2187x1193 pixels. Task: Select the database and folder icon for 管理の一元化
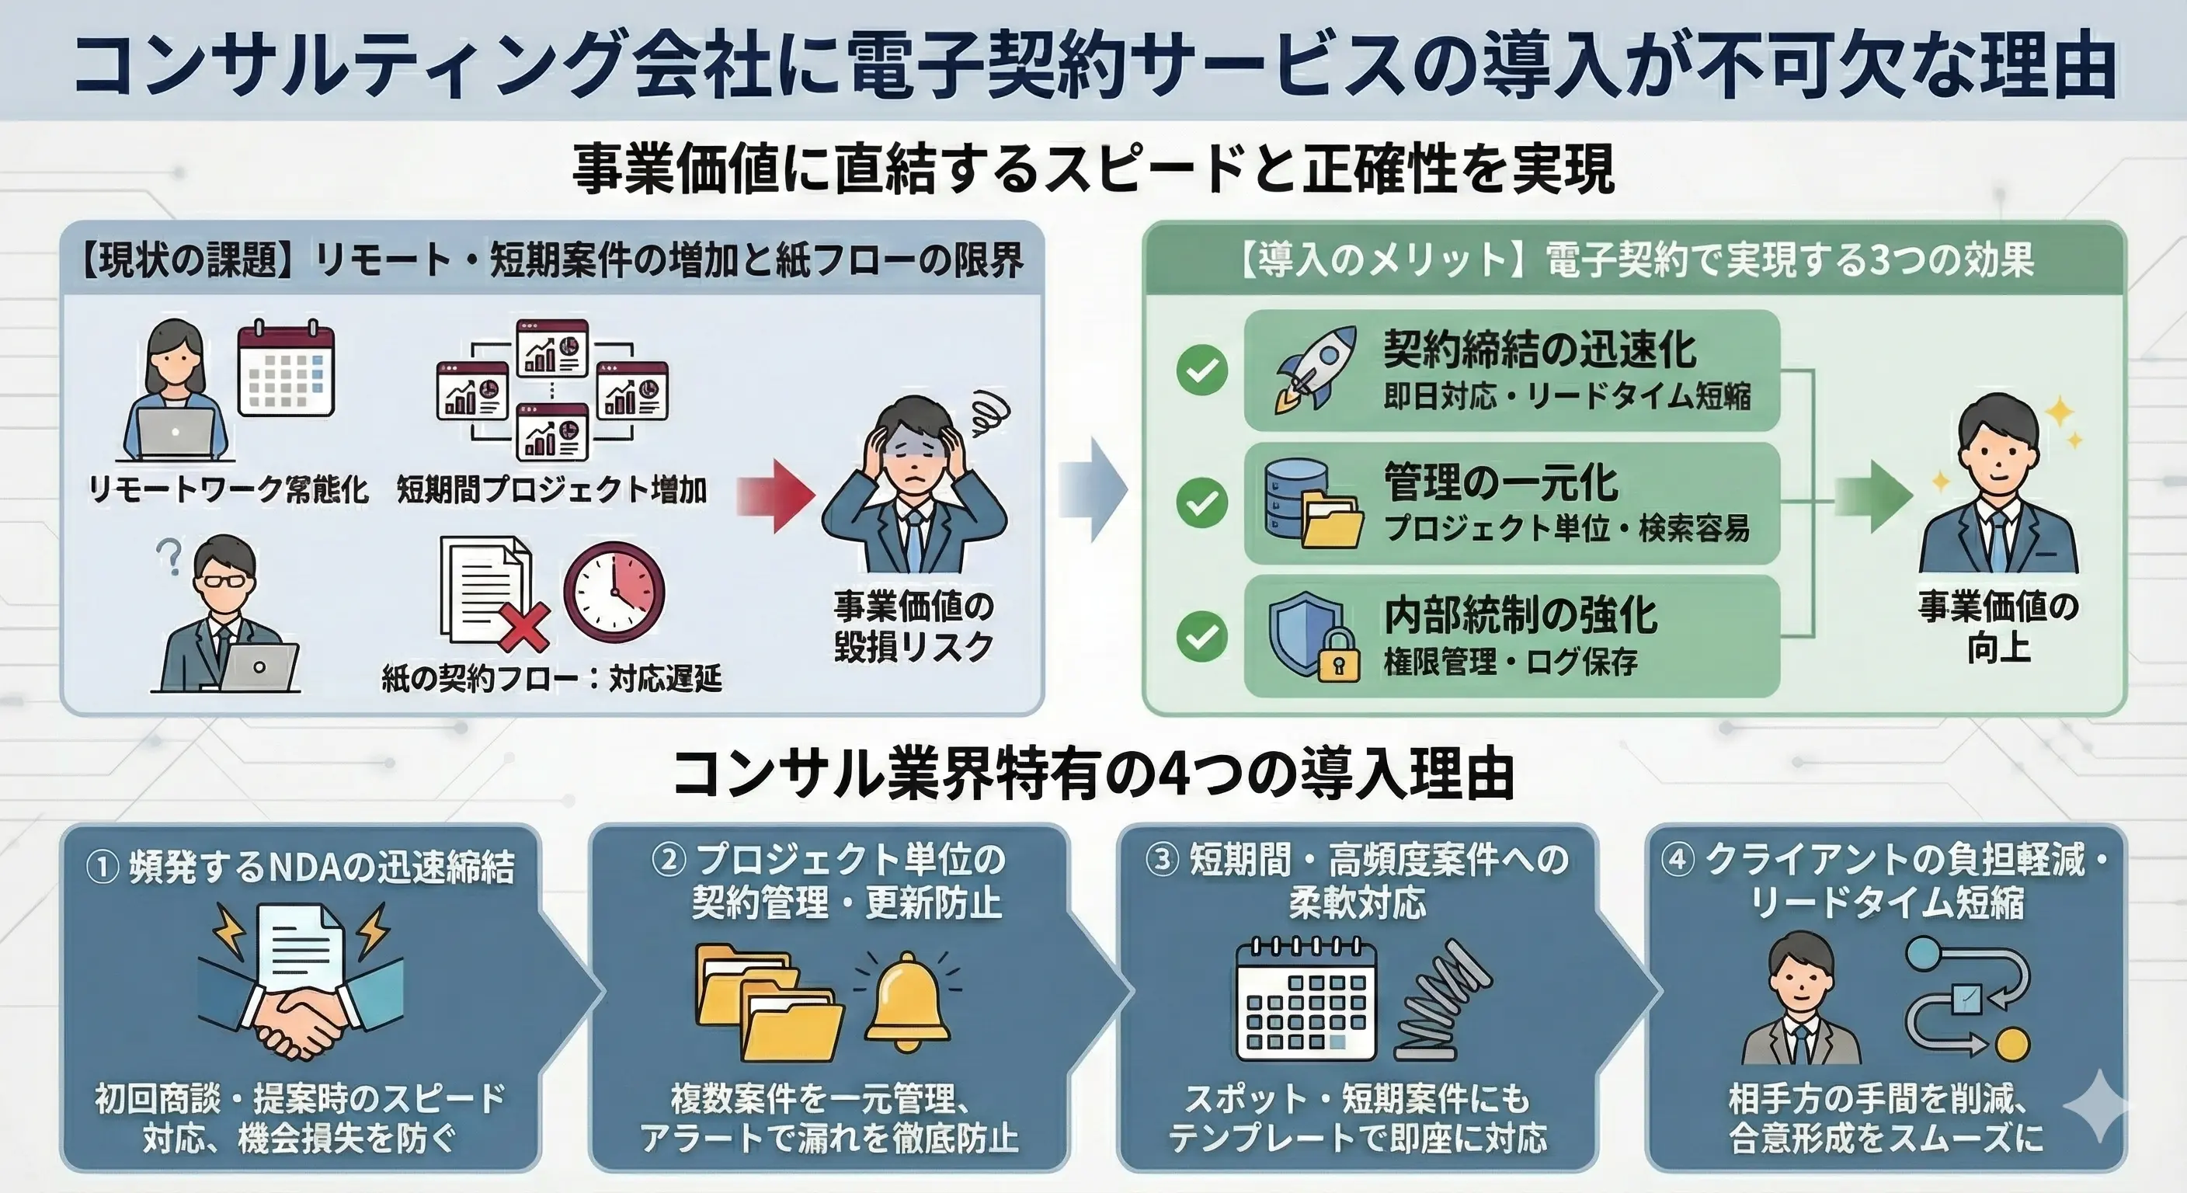click(x=1313, y=503)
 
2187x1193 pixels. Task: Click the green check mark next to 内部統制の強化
click(x=1201, y=636)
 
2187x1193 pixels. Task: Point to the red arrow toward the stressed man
click(x=774, y=495)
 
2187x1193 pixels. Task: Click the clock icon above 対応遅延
click(x=614, y=592)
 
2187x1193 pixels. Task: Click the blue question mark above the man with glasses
click(x=171, y=557)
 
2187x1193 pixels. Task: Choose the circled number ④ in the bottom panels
click(x=1677, y=860)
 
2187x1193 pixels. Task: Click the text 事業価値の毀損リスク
click(x=913, y=626)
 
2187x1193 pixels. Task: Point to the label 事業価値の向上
click(x=1998, y=626)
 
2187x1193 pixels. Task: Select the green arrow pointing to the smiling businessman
click(x=1872, y=496)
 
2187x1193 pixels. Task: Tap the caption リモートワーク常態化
click(x=228, y=489)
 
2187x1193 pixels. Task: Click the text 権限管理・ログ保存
click(x=1511, y=662)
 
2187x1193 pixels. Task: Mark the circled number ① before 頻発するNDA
click(x=102, y=867)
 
